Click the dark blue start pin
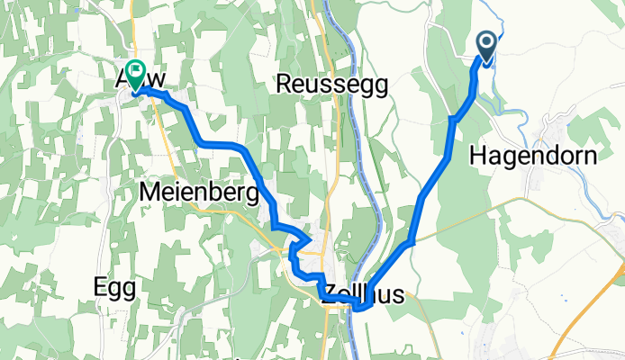pyautogui.click(x=486, y=48)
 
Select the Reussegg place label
pyautogui.click(x=331, y=84)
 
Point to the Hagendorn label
pyautogui.click(x=533, y=156)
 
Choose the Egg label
pyautogui.click(x=114, y=287)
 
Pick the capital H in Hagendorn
pyautogui.click(x=478, y=156)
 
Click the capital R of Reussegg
pyautogui.click(x=284, y=84)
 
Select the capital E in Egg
pyautogui.click(x=100, y=287)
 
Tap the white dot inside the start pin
pyautogui.click(x=486, y=42)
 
